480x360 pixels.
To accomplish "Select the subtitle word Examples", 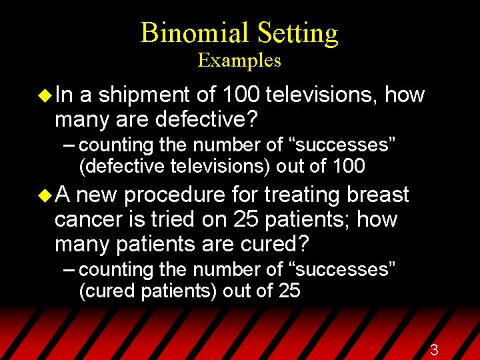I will pyautogui.click(x=239, y=61).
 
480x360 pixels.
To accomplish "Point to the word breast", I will pyautogui.click(x=378, y=195).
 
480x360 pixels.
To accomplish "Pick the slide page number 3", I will pyautogui.click(x=434, y=350).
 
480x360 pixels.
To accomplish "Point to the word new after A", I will pyautogui.click(x=99, y=195).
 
